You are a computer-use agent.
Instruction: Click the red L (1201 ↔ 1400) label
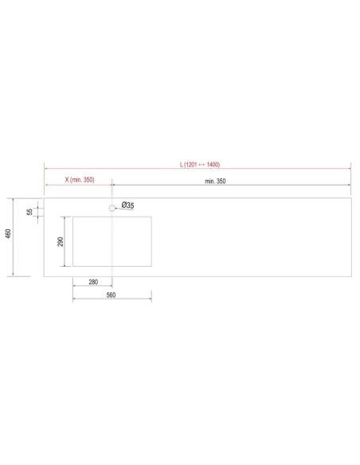200,164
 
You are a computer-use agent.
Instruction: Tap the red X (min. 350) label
80,180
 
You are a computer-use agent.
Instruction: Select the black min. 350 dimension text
215,182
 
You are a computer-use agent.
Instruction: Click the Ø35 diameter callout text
127,205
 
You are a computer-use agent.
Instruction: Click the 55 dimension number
29,212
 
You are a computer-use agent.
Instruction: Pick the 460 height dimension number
9,233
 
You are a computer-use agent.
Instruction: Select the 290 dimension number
61,242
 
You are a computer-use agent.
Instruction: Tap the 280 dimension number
93,282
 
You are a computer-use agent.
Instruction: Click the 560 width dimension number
111,295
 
